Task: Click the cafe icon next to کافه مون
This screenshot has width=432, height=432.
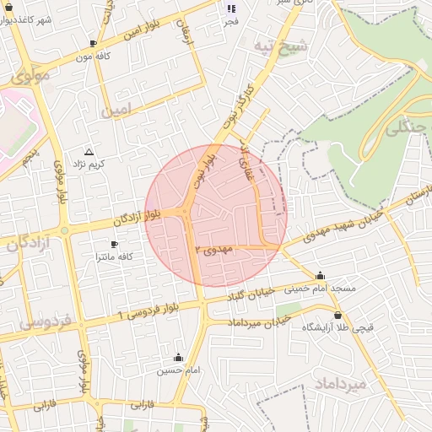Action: point(93,43)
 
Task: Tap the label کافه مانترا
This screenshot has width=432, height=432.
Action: point(116,256)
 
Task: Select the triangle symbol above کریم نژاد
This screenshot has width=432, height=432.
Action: point(89,151)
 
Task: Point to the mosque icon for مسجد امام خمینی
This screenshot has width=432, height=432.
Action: point(320,276)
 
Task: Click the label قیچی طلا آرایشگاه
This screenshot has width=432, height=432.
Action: point(338,327)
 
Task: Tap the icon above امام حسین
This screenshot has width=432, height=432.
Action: point(178,358)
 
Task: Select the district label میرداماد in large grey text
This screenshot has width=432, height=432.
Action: point(341,384)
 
